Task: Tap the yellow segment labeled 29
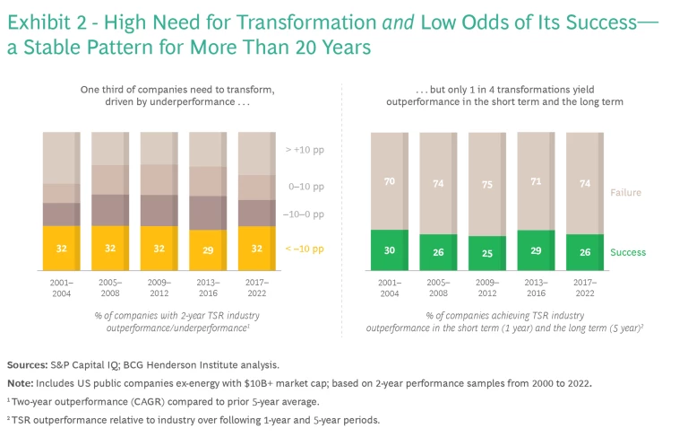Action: coord(209,252)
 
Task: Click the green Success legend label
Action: coord(629,253)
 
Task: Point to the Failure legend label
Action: coord(626,193)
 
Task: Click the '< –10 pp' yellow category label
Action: coord(304,249)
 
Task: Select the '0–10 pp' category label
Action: coord(304,188)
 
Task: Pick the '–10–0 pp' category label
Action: coord(304,215)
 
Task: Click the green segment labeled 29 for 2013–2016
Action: coord(536,250)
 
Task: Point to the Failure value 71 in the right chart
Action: coord(536,181)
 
